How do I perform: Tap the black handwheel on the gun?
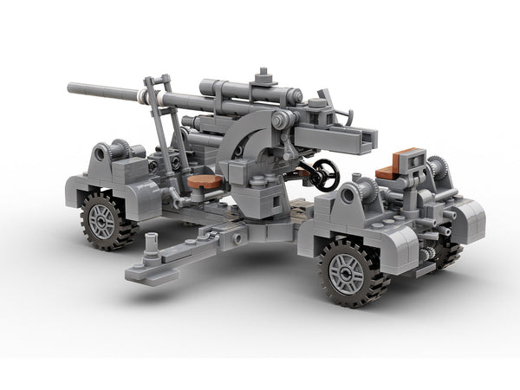pyautogui.click(x=324, y=174)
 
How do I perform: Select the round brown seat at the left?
pyautogui.click(x=205, y=181)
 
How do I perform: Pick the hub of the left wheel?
pyautogui.click(x=102, y=219)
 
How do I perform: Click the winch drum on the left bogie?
pyautogui.click(x=102, y=154)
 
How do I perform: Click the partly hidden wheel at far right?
pyautogui.click(x=448, y=253)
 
